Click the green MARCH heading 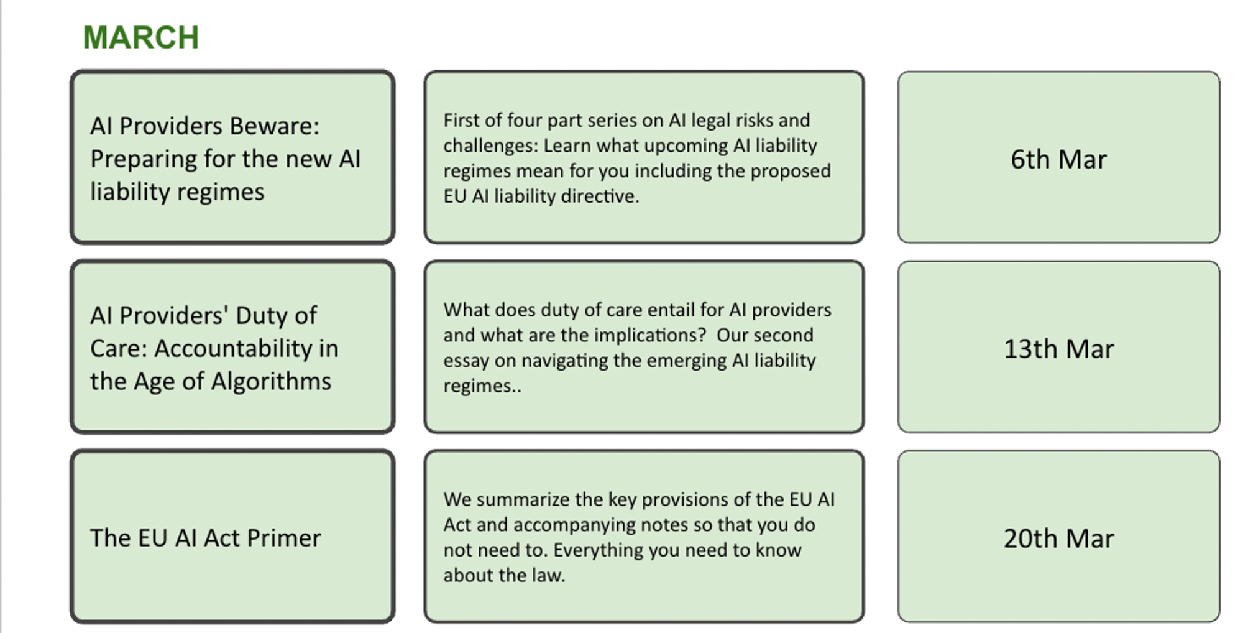click(141, 37)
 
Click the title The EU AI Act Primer click(205, 538)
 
